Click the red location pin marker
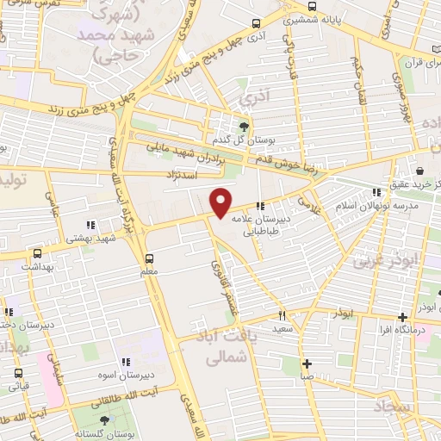[x=221, y=202]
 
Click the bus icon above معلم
[x=149, y=258]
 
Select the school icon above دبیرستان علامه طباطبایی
[x=261, y=205]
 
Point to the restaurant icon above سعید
[x=281, y=316]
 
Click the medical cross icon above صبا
[x=307, y=363]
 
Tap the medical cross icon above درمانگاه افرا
[x=403, y=318]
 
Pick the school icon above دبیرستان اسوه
[x=127, y=363]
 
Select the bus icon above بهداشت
[x=37, y=254]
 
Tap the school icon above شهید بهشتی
[x=91, y=225]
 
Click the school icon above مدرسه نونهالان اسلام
[x=376, y=192]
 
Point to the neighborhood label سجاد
[x=394, y=404]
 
